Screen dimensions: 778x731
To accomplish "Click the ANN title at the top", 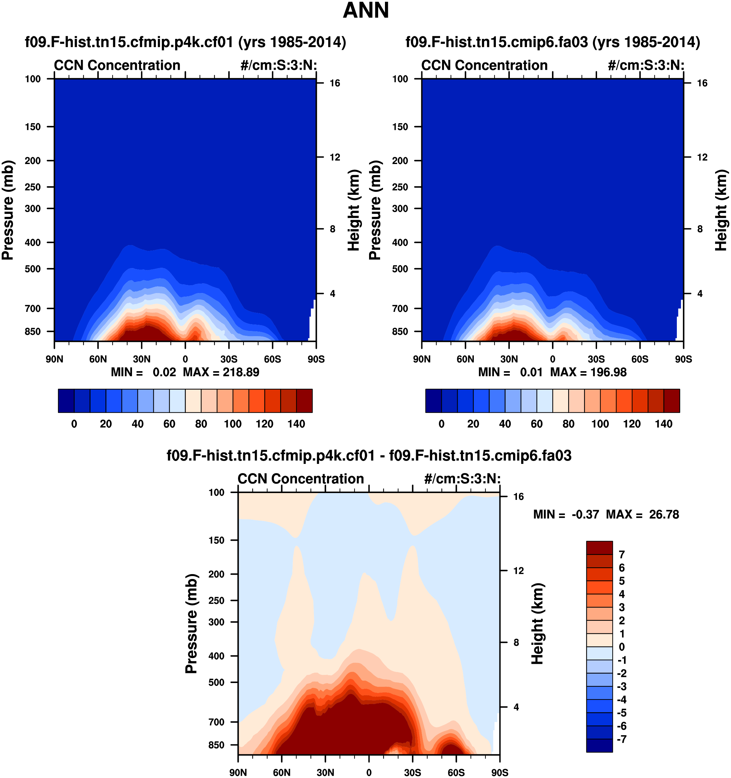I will [x=366, y=11].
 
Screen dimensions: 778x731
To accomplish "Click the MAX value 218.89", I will [x=241, y=372].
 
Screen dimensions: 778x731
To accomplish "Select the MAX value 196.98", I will [x=608, y=372].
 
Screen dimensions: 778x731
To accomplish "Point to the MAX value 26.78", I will [x=664, y=515].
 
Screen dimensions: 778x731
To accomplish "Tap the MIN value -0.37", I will [x=585, y=515].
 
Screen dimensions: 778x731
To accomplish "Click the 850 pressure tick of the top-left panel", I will [x=32, y=332].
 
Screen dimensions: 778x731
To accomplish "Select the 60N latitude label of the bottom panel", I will [x=282, y=772].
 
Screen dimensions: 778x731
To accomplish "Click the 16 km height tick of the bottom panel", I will [x=518, y=497].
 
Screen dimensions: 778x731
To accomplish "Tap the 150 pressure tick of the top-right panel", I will [x=400, y=127].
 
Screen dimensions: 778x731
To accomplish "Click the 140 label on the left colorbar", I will [x=296, y=424].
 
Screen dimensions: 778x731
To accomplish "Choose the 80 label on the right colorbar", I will [x=568, y=424].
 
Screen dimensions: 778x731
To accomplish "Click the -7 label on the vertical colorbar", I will [x=622, y=739].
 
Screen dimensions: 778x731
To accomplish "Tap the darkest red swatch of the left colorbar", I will [x=304, y=401].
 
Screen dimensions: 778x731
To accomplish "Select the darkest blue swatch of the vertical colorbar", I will [x=599, y=745].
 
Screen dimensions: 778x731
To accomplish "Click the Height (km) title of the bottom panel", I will [x=538, y=623].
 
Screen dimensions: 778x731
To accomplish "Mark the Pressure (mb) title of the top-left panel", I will [x=8, y=210].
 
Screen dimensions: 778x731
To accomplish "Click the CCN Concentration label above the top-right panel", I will [x=484, y=65].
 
